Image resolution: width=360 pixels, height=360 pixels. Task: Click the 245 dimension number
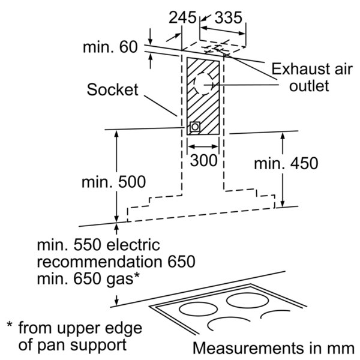[x=182, y=17]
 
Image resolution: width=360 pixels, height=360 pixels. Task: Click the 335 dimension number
[x=228, y=17]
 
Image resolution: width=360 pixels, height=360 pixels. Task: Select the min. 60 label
[x=110, y=47]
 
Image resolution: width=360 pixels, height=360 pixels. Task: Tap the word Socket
[x=113, y=89]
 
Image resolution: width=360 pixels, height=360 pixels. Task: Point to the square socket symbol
[x=195, y=127]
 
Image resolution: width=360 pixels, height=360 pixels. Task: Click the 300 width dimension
[x=203, y=160]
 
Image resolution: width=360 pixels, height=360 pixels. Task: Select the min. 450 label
[x=286, y=163]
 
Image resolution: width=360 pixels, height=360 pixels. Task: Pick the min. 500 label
[x=113, y=182]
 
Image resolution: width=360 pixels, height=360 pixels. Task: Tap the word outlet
[x=309, y=86]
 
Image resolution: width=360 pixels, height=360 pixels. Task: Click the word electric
[x=133, y=245]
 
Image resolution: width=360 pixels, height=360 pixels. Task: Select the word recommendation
[x=100, y=262]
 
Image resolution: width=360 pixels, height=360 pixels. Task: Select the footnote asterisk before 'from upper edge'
[x=10, y=325]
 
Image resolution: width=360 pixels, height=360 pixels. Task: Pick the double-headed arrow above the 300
[x=203, y=146]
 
